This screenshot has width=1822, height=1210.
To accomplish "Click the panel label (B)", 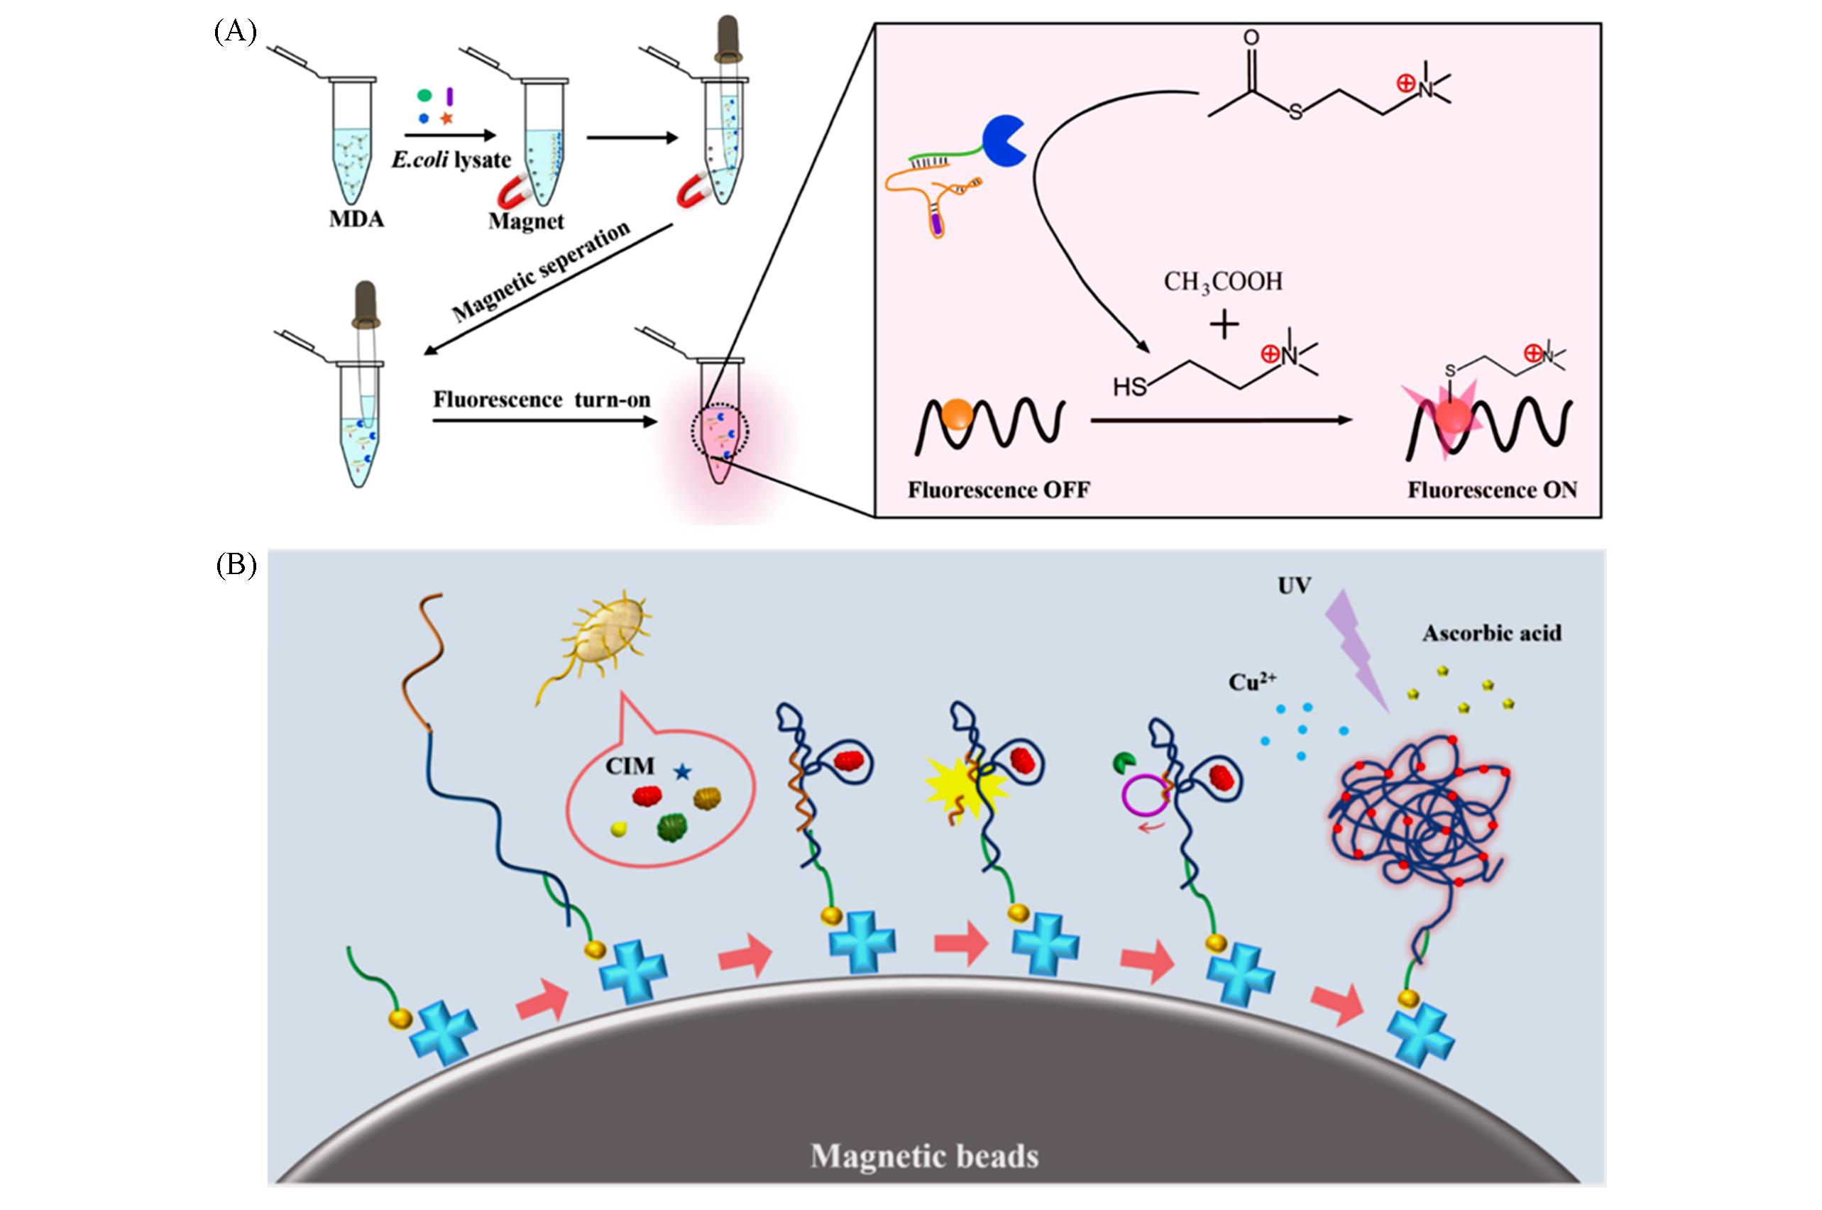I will point(235,566).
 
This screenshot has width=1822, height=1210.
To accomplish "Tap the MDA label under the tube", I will point(356,219).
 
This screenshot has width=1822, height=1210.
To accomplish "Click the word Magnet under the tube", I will point(527,221).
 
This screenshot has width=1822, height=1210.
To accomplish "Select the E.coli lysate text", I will point(451,160).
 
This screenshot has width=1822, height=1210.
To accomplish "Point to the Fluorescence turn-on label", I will point(541,400).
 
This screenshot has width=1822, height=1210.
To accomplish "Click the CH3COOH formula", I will point(1223,282).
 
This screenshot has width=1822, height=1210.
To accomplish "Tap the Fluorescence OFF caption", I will point(999,490).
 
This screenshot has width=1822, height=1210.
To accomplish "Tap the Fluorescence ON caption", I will point(1492,490).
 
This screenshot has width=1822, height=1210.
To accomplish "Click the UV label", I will point(1294,586).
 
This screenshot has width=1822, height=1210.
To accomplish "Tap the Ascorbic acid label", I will point(1492,634).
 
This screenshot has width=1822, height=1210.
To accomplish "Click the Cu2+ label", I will point(1252,682).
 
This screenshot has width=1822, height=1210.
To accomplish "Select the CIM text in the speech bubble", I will point(630,766).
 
